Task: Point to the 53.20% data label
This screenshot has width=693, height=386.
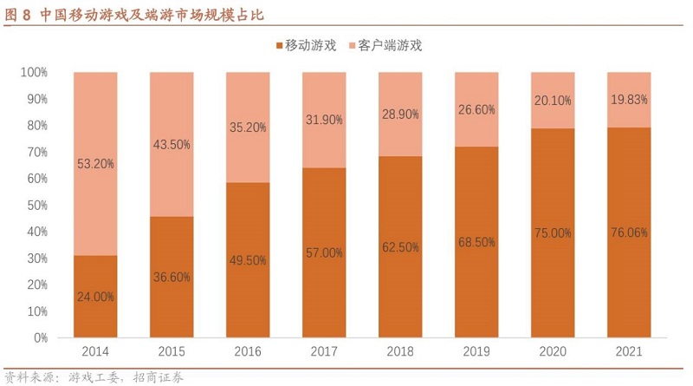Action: coord(95,163)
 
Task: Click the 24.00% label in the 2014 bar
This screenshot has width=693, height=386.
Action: coord(95,296)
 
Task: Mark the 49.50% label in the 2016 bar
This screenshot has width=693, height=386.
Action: coord(248,261)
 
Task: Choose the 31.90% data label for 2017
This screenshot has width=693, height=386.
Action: coord(324,120)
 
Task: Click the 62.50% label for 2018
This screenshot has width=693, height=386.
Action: coord(400,246)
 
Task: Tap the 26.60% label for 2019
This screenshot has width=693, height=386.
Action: coord(476,109)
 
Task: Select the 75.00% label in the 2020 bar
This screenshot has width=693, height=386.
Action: coord(553,232)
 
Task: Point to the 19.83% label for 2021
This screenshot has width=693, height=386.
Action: coord(629,99)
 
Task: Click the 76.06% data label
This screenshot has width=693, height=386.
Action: coord(629,232)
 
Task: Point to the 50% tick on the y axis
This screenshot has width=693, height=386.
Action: coord(36,205)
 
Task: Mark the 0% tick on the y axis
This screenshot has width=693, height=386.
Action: coord(40,337)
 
